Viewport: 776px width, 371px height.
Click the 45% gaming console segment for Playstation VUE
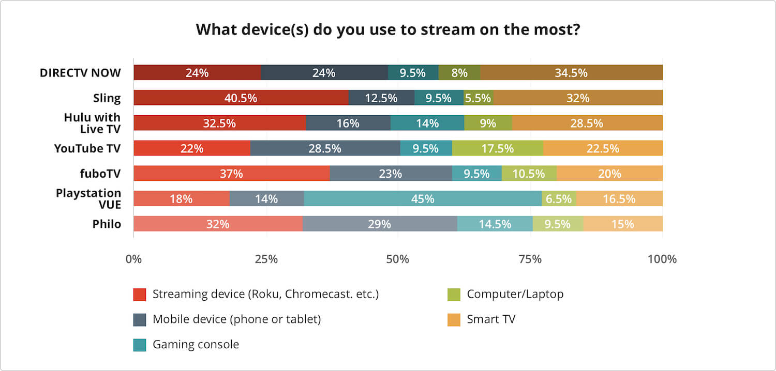click(423, 199)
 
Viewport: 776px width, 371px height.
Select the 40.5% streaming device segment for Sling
click(241, 98)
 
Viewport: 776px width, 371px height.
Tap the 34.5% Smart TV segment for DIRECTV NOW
click(571, 73)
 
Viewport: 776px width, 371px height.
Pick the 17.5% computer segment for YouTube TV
click(498, 148)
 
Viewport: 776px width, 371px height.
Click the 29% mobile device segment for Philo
click(380, 224)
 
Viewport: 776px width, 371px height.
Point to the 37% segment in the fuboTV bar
click(231, 174)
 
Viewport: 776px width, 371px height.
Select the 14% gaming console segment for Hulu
click(427, 123)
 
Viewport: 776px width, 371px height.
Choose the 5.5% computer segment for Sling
click(478, 98)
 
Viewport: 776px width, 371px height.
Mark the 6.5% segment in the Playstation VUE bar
click(559, 199)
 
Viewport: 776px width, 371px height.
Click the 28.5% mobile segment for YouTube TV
click(325, 148)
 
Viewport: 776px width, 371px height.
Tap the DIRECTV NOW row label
click(80, 73)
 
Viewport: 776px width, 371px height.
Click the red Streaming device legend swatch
click(140, 295)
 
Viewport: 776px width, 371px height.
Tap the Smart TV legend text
click(490, 319)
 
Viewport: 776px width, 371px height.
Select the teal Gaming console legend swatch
click(140, 345)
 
